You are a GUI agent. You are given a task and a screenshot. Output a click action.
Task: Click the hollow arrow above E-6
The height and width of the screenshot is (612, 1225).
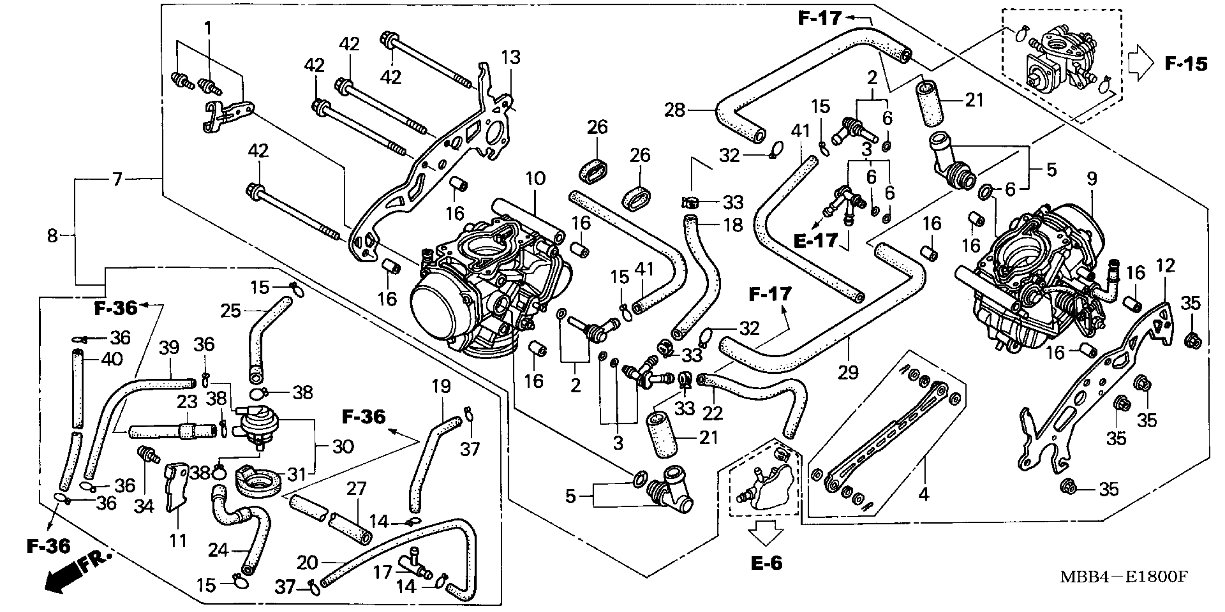pos(765,532)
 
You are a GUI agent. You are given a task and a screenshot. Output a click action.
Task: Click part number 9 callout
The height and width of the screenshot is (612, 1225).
pos(1092,179)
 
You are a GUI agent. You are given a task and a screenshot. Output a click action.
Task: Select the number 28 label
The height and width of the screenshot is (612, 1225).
pos(675,110)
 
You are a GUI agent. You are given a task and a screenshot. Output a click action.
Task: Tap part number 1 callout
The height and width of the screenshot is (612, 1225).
pos(208,28)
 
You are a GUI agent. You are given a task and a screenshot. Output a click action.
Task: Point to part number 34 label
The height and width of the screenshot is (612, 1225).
pos(144,507)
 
